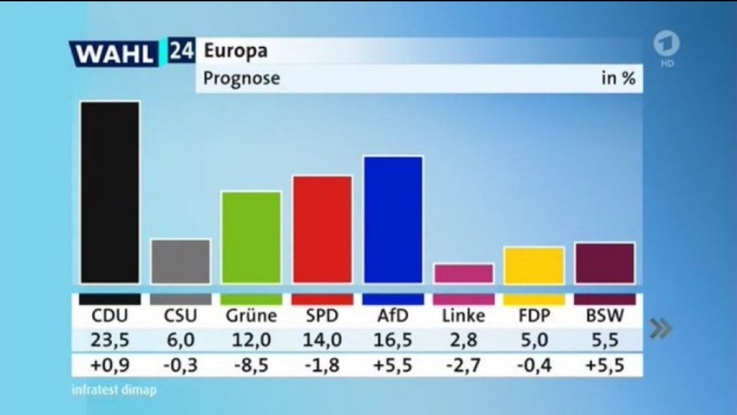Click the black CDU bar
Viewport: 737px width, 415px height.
(x=110, y=192)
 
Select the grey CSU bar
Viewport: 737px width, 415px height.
(x=181, y=261)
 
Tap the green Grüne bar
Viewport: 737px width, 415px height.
(x=251, y=238)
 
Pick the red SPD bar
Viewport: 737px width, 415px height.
(x=322, y=229)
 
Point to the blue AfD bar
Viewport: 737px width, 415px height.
(x=393, y=220)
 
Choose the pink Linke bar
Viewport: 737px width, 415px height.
(x=464, y=274)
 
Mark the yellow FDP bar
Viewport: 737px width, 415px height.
(x=534, y=266)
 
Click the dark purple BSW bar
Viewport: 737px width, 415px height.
(x=605, y=263)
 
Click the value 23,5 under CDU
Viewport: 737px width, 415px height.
(x=110, y=340)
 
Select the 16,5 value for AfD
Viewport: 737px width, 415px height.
(x=393, y=340)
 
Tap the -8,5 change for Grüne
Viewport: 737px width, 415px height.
(x=251, y=365)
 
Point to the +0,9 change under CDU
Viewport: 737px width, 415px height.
(x=110, y=365)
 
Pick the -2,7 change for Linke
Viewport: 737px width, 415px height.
(x=464, y=365)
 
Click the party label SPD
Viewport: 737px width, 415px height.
(x=322, y=316)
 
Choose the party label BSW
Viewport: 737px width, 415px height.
(x=605, y=316)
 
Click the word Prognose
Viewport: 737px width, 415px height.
(x=242, y=78)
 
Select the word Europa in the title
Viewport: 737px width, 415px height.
(x=235, y=51)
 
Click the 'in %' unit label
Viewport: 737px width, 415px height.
(x=618, y=78)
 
